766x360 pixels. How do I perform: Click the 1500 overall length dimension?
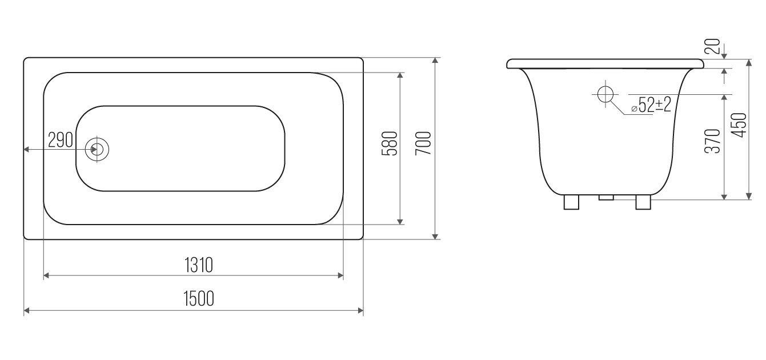(x=199, y=298)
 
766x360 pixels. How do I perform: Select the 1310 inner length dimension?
(x=199, y=265)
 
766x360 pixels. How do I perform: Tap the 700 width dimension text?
(x=423, y=143)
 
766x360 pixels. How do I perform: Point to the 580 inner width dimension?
(x=390, y=143)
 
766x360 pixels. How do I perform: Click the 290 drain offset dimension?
(x=61, y=139)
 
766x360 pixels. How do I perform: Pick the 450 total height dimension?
(x=740, y=125)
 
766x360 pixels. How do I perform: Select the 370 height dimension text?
(x=713, y=141)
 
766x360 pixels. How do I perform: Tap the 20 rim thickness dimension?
(x=713, y=46)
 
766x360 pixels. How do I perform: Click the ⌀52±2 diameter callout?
(x=651, y=105)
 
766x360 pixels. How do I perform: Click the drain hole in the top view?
(x=97, y=150)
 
